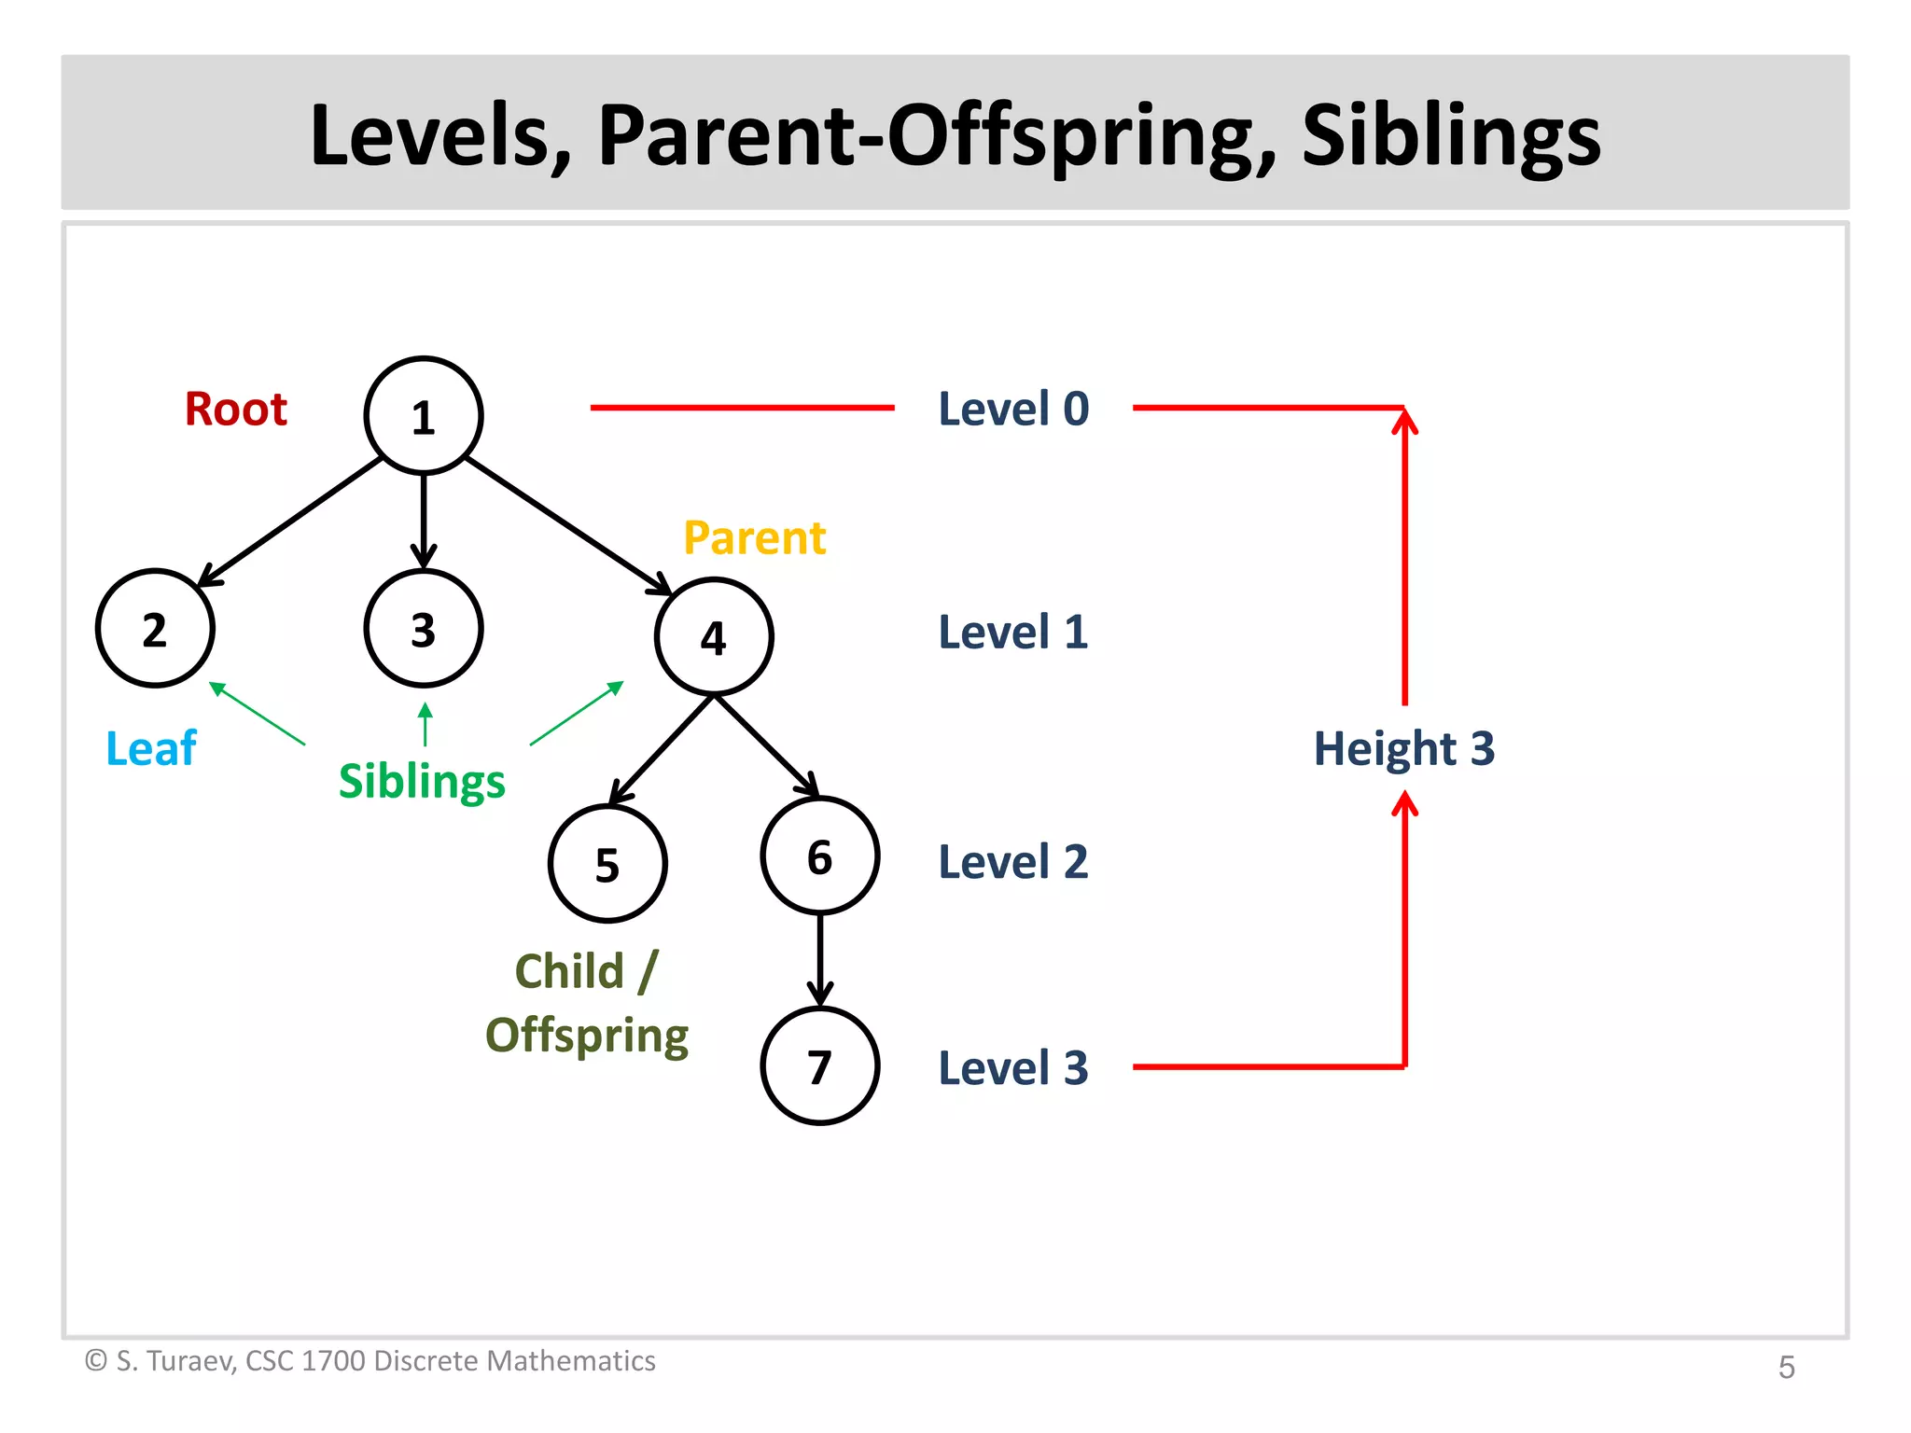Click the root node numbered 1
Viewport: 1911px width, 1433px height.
click(424, 416)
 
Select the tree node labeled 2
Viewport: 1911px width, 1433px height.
click(155, 629)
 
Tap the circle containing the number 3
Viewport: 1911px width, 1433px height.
click(424, 629)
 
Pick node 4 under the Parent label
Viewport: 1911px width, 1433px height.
click(714, 637)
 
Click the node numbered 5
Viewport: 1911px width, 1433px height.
click(607, 864)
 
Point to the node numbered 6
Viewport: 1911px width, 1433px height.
click(820, 856)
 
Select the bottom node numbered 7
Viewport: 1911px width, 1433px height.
click(820, 1066)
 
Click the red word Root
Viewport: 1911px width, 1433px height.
click(235, 409)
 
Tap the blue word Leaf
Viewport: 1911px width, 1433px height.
click(151, 748)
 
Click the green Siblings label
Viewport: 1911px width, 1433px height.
click(422, 781)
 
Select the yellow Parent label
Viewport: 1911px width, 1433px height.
click(754, 537)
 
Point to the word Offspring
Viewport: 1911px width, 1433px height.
click(587, 1036)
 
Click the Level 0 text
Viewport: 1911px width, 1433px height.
click(1013, 409)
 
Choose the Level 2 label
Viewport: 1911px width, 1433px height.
click(1013, 861)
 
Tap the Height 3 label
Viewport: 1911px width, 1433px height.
click(1404, 748)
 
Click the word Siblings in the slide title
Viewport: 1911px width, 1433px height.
click(1451, 136)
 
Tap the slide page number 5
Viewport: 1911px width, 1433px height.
click(1786, 1367)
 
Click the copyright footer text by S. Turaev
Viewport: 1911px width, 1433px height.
click(370, 1361)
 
